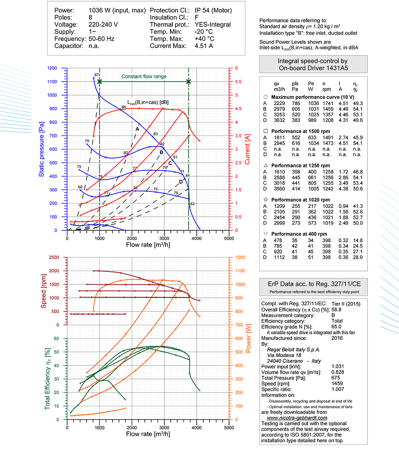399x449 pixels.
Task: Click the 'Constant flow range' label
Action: [x=144, y=76]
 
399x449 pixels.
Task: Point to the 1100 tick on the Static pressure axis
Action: [x=52, y=82]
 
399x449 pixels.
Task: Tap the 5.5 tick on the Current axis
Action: [x=238, y=82]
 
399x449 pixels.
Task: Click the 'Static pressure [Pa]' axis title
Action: [x=41, y=149]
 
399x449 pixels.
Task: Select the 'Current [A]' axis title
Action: [x=247, y=149]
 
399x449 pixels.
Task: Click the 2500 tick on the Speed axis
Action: [x=54, y=257]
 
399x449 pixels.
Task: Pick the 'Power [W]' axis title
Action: [x=248, y=339]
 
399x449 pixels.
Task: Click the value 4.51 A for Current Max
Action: [x=204, y=46]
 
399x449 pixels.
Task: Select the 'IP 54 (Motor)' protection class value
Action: [x=213, y=10]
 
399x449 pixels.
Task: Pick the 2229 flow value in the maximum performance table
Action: [x=279, y=104]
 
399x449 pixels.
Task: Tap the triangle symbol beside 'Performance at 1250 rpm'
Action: [x=265, y=165]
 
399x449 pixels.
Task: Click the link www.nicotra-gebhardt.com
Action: [x=297, y=418]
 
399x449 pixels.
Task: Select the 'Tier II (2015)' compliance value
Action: [x=346, y=304]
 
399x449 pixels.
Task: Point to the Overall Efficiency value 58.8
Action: [x=336, y=309]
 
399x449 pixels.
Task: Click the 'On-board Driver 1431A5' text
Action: [x=314, y=68]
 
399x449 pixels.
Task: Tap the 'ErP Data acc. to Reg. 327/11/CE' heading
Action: [x=314, y=284]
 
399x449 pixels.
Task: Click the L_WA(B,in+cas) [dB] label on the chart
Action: [x=148, y=102]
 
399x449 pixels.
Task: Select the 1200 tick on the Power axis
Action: [x=240, y=257]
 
